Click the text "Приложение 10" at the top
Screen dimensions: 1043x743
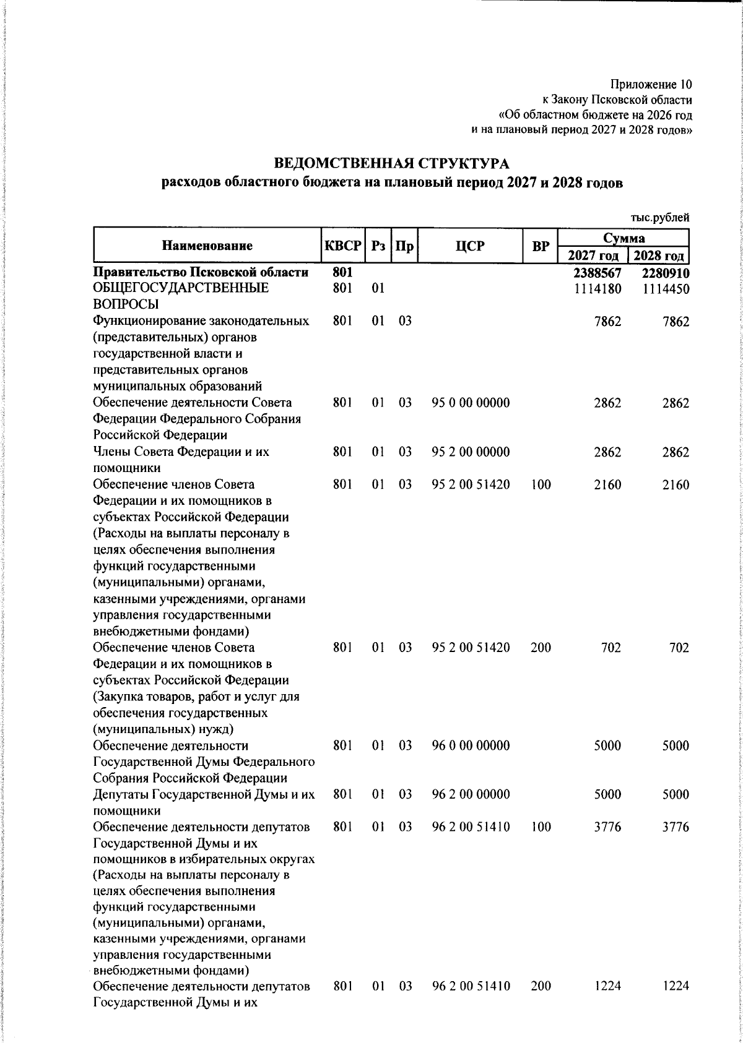point(651,84)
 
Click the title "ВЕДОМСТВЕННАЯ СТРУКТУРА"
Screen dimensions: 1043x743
point(391,164)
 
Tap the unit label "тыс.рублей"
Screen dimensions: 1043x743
point(659,217)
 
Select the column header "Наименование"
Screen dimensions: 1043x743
point(207,246)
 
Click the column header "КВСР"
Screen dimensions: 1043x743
point(342,246)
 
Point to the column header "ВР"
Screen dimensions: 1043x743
point(541,246)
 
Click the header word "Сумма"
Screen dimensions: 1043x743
point(624,238)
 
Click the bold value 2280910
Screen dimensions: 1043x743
point(666,273)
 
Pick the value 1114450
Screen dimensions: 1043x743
point(666,289)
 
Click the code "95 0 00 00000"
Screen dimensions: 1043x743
point(471,403)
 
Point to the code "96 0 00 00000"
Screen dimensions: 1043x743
point(471,745)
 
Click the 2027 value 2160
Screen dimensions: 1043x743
point(607,485)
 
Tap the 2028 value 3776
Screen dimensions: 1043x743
point(676,827)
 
